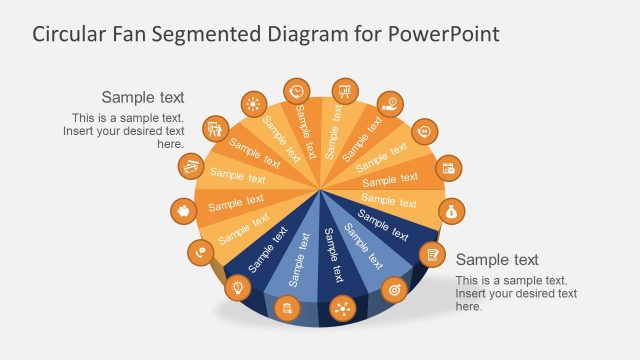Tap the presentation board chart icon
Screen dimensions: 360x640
(x=345, y=90)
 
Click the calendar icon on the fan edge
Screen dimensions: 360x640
(x=450, y=168)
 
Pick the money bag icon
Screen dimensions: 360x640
(x=451, y=210)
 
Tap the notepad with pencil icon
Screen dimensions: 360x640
(x=432, y=254)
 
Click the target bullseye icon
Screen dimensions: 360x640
(x=395, y=290)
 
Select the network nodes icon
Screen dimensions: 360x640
(x=343, y=308)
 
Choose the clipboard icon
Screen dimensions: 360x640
(x=288, y=307)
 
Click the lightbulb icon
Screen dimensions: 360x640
(x=238, y=288)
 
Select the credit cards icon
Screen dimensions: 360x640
(x=190, y=166)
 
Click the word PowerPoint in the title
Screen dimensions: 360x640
(x=444, y=34)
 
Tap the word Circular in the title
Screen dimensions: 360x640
(x=69, y=34)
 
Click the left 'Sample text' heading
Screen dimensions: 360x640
(x=143, y=97)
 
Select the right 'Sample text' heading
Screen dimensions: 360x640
(x=497, y=260)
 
